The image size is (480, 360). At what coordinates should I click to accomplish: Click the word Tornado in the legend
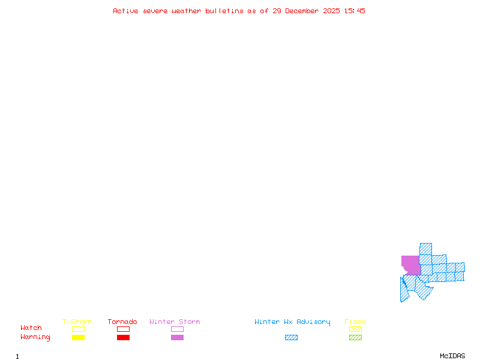pos(122,322)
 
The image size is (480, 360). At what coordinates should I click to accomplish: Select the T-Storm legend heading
pos(77,322)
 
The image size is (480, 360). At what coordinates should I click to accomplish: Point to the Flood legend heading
pos(355,322)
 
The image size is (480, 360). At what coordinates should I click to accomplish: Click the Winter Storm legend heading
pos(175,322)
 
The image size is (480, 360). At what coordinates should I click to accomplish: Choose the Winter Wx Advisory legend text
pos(292,322)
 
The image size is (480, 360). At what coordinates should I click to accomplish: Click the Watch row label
pos(31,328)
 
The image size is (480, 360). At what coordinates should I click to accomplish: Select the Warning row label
pos(35,337)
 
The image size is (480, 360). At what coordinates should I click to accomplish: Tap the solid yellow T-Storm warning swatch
pos(78,338)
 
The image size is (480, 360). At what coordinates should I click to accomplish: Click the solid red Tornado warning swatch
pos(123,338)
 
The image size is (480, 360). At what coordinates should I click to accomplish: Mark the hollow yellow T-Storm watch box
pos(78,329)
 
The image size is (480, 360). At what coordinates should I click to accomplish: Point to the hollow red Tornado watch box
pos(123,329)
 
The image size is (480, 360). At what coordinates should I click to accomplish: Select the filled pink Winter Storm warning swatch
pos(177,338)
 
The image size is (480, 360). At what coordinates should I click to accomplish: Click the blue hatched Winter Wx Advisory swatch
pos(291,338)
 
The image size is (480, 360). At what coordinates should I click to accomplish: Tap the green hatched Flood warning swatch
pos(355,338)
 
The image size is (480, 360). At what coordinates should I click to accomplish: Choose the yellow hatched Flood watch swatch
pos(355,329)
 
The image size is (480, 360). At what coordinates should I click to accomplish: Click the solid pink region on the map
pos(410,265)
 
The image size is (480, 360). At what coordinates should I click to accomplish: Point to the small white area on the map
pos(403,272)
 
